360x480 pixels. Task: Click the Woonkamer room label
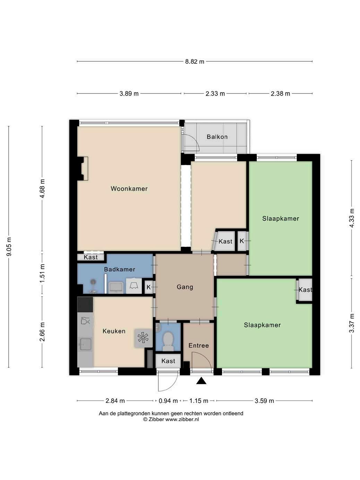pos(129,189)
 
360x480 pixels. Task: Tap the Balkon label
pos(217,137)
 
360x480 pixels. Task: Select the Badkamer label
pos(119,269)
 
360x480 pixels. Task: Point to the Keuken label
pos(114,331)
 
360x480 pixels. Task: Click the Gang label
pos(185,287)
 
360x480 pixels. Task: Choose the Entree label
pos(198,345)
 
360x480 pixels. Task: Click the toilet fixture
pos(168,341)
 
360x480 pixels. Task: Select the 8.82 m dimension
pos(195,62)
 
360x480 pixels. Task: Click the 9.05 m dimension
pos(9,247)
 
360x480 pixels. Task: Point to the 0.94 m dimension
pos(168,401)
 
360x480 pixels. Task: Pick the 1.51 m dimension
pos(42,273)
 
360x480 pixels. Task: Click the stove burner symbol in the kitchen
pos(143,338)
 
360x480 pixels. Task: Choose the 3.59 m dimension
pos(264,401)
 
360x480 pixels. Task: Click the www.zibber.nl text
pos(182,419)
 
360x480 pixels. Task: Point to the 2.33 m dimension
pos(215,94)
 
